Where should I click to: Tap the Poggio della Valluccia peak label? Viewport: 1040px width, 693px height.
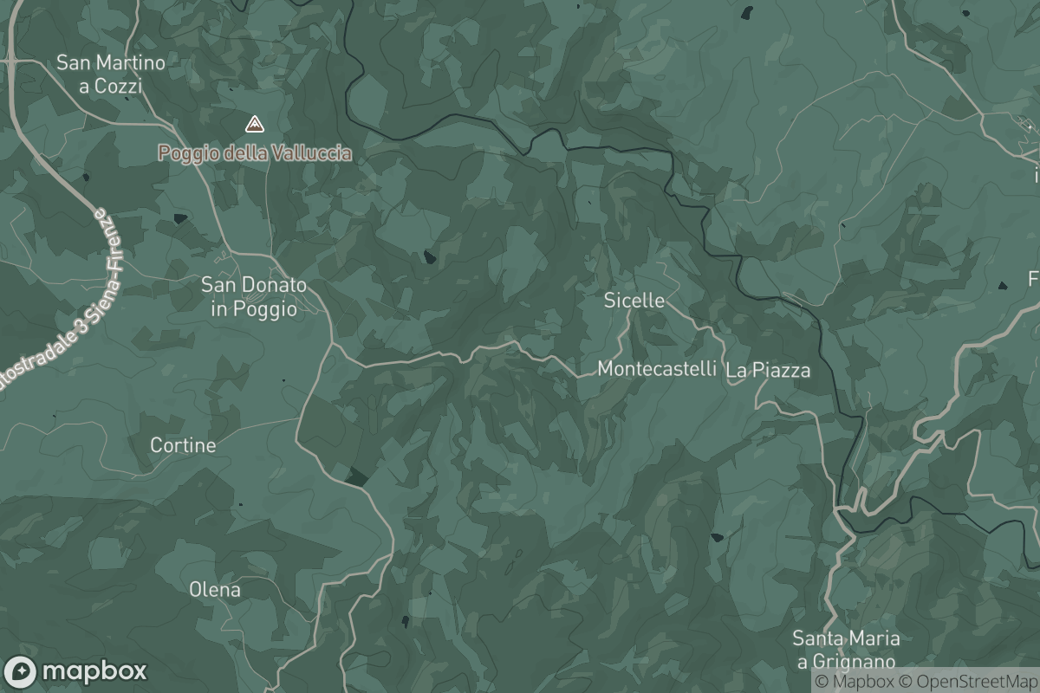pyautogui.click(x=255, y=153)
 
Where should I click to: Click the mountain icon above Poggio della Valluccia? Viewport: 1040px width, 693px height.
pyautogui.click(x=254, y=125)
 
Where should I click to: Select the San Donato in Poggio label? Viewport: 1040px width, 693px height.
pyautogui.click(x=253, y=295)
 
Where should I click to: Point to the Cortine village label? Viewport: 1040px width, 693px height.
pyautogui.click(x=183, y=445)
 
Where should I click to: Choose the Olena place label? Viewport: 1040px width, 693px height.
pyautogui.click(x=215, y=590)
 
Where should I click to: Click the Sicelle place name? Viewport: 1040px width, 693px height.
pyautogui.click(x=634, y=301)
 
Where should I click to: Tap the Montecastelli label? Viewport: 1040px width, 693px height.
pyautogui.click(x=657, y=369)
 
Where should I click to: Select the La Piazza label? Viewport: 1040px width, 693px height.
pyautogui.click(x=768, y=371)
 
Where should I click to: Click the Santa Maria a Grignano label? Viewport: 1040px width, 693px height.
pyautogui.click(x=845, y=650)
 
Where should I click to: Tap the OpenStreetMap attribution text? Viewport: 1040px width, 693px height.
pyautogui.click(x=967, y=682)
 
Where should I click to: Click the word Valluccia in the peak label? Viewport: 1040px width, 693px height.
pyautogui.click(x=310, y=153)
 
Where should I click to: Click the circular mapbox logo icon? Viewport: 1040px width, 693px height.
pyautogui.click(x=21, y=671)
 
